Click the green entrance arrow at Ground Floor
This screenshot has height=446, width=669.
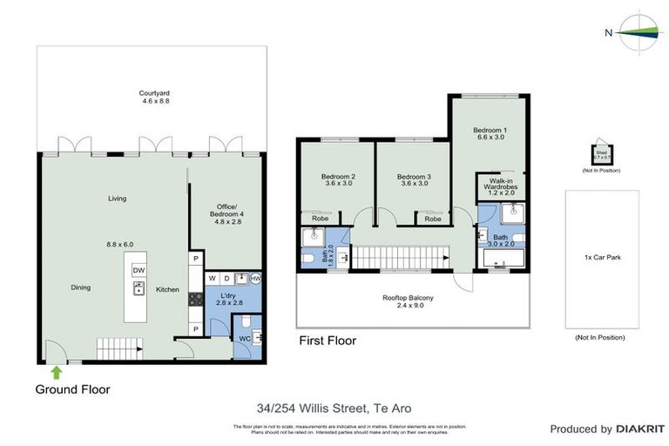coord(57,373)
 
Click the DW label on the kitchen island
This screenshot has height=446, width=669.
coord(139,271)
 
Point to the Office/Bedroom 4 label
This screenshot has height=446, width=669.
coord(226,213)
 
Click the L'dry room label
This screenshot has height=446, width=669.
coord(226,297)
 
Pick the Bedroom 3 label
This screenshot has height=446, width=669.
coord(409,179)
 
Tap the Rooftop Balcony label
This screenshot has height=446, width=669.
coord(408,301)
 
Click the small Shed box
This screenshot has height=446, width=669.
coord(600,154)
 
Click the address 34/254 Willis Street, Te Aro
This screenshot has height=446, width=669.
coord(334,408)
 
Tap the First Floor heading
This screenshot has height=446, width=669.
coord(327,341)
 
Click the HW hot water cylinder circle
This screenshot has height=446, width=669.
coord(255,279)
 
